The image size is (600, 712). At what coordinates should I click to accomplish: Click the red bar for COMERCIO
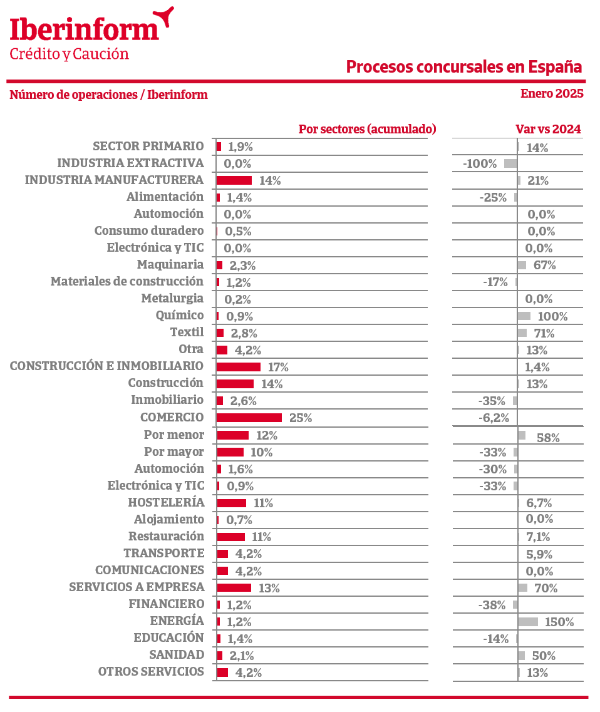(x=249, y=418)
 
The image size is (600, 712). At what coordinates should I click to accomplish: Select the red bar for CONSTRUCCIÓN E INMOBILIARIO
(x=239, y=367)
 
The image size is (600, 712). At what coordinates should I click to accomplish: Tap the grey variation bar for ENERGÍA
(x=528, y=622)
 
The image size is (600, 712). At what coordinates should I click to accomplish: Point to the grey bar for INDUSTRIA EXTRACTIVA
(x=510, y=163)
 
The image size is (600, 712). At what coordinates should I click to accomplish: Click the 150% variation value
(x=559, y=622)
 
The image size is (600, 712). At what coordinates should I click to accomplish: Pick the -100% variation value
(x=480, y=163)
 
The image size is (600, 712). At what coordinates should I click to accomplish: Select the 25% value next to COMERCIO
(x=301, y=418)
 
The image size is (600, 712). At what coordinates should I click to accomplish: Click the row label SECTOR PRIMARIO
(x=148, y=146)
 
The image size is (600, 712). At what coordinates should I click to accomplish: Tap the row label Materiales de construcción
(x=127, y=282)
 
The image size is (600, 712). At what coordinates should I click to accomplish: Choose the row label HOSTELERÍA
(x=166, y=502)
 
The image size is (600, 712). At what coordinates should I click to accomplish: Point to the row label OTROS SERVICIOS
(x=151, y=671)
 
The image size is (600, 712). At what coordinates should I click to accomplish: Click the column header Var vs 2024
(x=548, y=129)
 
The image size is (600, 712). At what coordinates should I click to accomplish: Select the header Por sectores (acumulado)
(x=368, y=129)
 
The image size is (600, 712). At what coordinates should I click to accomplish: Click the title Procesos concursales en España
(x=463, y=67)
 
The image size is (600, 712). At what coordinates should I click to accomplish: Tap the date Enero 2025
(x=552, y=93)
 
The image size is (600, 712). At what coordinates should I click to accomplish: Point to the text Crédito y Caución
(x=69, y=54)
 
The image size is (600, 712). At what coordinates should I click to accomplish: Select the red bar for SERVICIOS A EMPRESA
(x=234, y=587)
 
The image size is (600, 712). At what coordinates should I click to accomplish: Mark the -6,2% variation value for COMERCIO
(x=494, y=418)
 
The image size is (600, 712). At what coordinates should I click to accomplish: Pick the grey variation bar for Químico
(x=524, y=316)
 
